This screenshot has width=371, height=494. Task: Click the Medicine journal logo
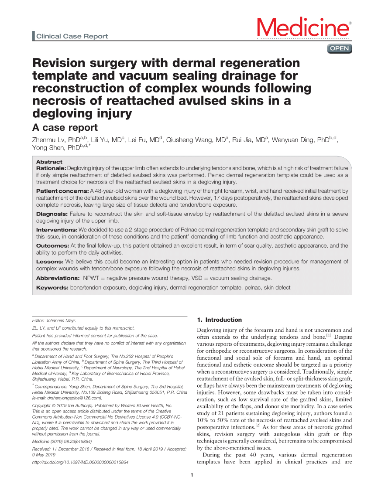coord(304,28)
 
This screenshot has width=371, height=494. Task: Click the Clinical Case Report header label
coord(72,36)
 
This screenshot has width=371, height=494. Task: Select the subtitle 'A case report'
coord(65,127)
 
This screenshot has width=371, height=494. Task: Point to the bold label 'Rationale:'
coord(51,168)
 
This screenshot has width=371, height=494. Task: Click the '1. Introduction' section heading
coord(220,320)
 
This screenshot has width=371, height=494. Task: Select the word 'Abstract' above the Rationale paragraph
coord(49,161)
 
